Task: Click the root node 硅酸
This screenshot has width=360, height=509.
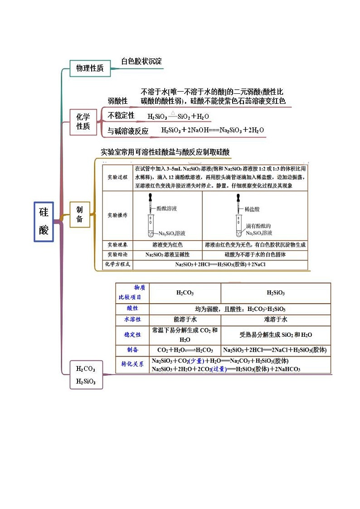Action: [x=44, y=222]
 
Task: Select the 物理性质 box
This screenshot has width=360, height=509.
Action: [x=90, y=68]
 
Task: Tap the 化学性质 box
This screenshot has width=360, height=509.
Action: [x=83, y=122]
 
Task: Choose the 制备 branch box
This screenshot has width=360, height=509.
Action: [x=79, y=214]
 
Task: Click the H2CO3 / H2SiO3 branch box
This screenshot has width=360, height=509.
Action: [x=86, y=375]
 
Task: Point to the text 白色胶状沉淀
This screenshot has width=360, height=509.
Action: [x=141, y=61]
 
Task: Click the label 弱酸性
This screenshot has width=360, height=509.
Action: [x=117, y=101]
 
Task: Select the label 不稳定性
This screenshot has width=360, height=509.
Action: [x=121, y=116]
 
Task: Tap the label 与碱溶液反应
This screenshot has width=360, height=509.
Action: [x=128, y=131]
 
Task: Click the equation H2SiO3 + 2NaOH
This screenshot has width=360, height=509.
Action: [x=213, y=130]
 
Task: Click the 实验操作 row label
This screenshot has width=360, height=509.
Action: [x=117, y=215]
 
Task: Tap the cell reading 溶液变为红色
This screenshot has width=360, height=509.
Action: [x=168, y=245]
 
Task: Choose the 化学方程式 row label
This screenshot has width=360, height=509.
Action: [x=117, y=264]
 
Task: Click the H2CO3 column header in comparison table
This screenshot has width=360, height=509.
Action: [x=185, y=293]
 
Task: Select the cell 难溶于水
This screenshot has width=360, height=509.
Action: [x=276, y=319]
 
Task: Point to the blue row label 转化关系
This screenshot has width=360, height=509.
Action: [x=132, y=364]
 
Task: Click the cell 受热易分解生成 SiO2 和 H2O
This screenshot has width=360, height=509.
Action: [x=276, y=335]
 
